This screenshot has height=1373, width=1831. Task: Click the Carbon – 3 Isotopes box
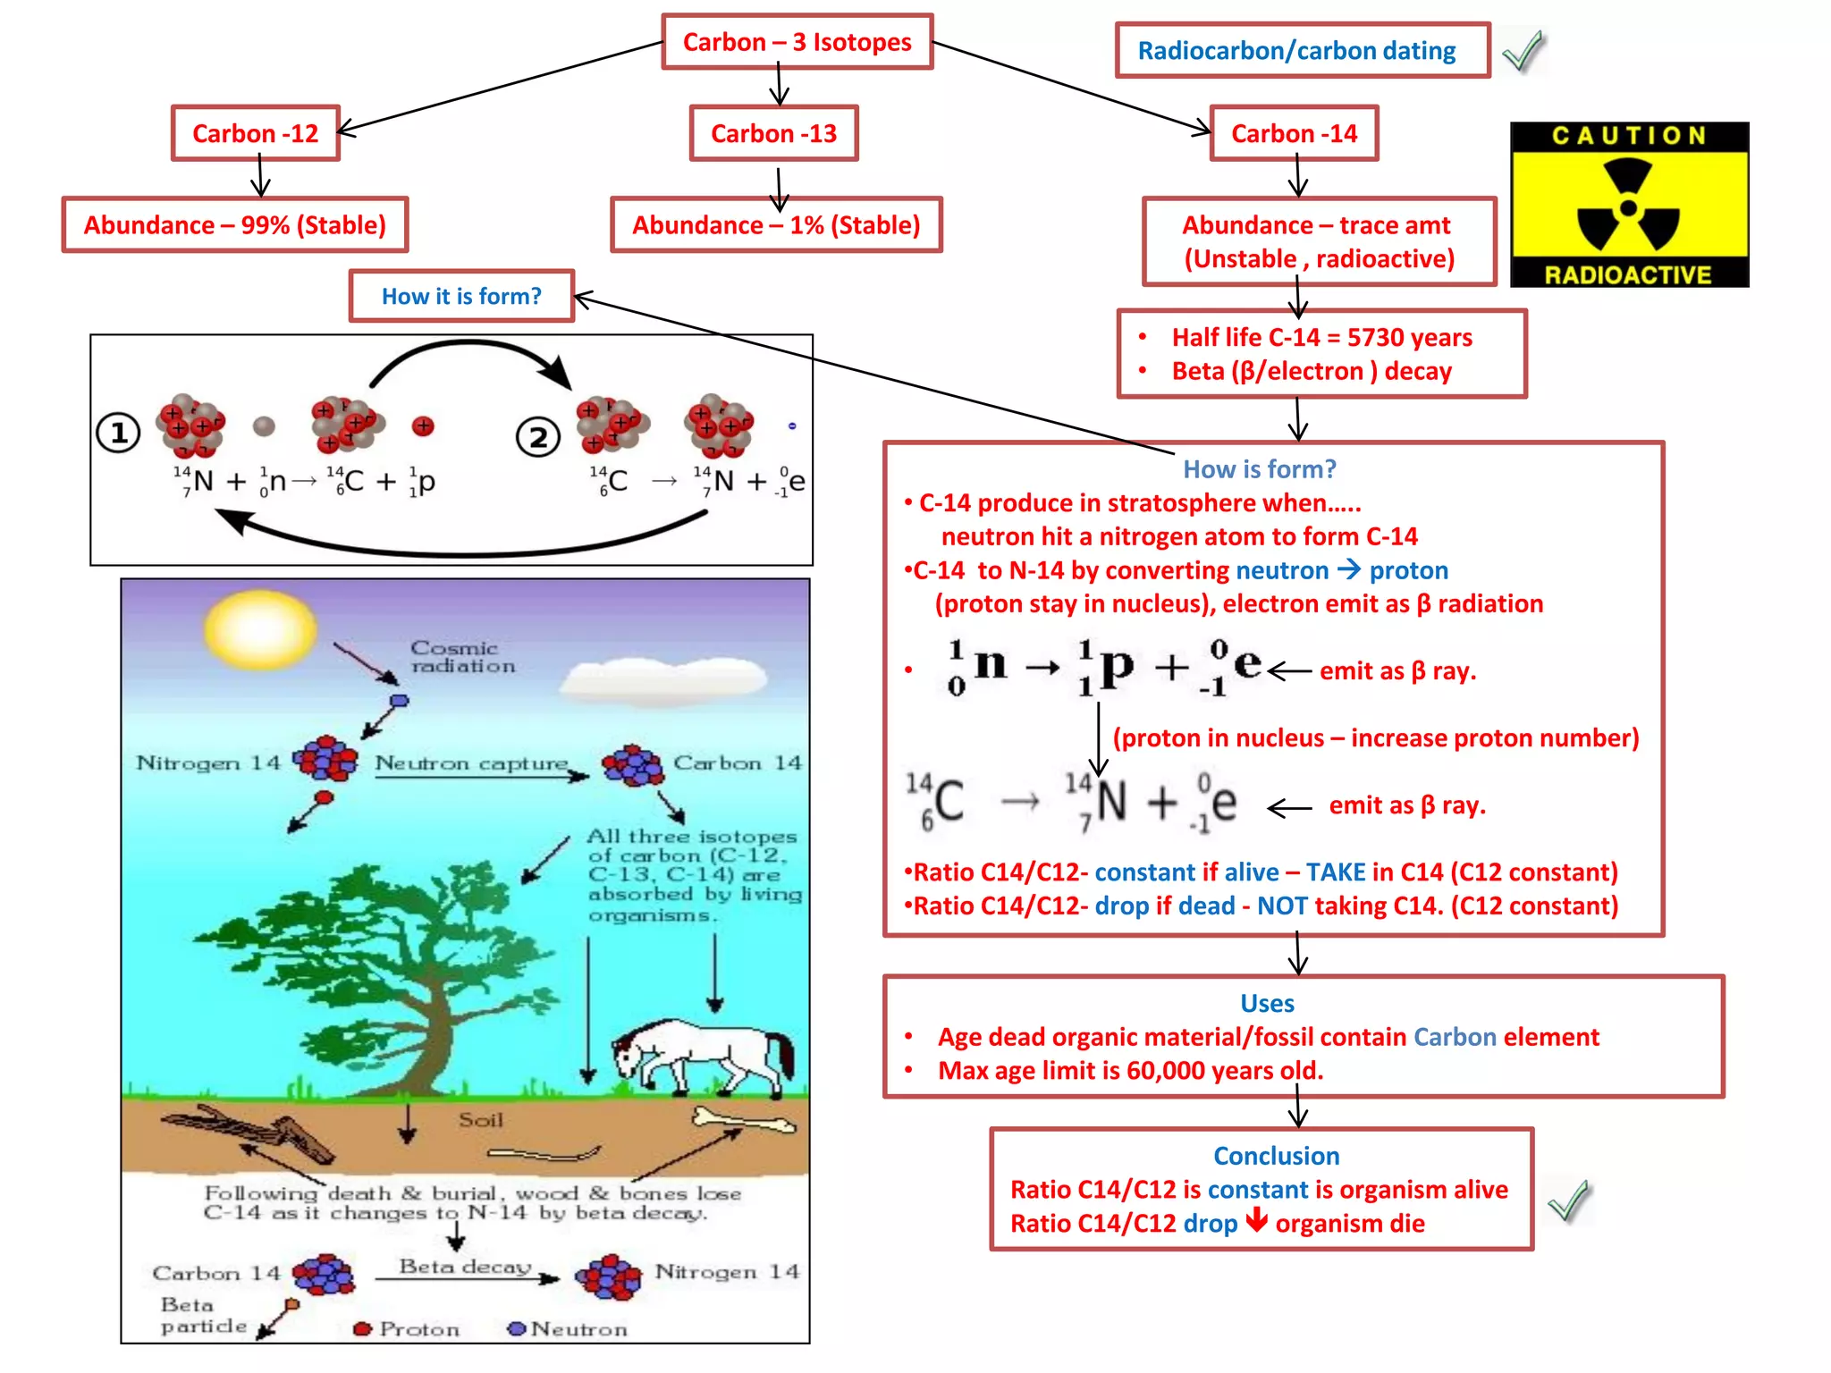797,42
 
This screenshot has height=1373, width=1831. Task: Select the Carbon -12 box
256,133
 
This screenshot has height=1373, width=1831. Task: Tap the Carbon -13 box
773,133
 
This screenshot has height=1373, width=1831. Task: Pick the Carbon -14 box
1294,133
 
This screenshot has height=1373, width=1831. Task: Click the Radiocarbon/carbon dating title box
1302,51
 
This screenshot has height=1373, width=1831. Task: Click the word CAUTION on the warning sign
1629,136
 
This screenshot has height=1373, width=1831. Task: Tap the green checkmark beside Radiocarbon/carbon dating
1524,51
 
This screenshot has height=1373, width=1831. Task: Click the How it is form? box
461,296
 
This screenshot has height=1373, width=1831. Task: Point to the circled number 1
118,434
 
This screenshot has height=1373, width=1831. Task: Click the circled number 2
538,438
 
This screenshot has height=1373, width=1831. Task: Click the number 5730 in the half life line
1376,338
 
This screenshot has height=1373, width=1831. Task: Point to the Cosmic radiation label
461,657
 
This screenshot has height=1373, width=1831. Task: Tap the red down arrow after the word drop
1256,1220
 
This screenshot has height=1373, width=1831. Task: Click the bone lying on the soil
742,1120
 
